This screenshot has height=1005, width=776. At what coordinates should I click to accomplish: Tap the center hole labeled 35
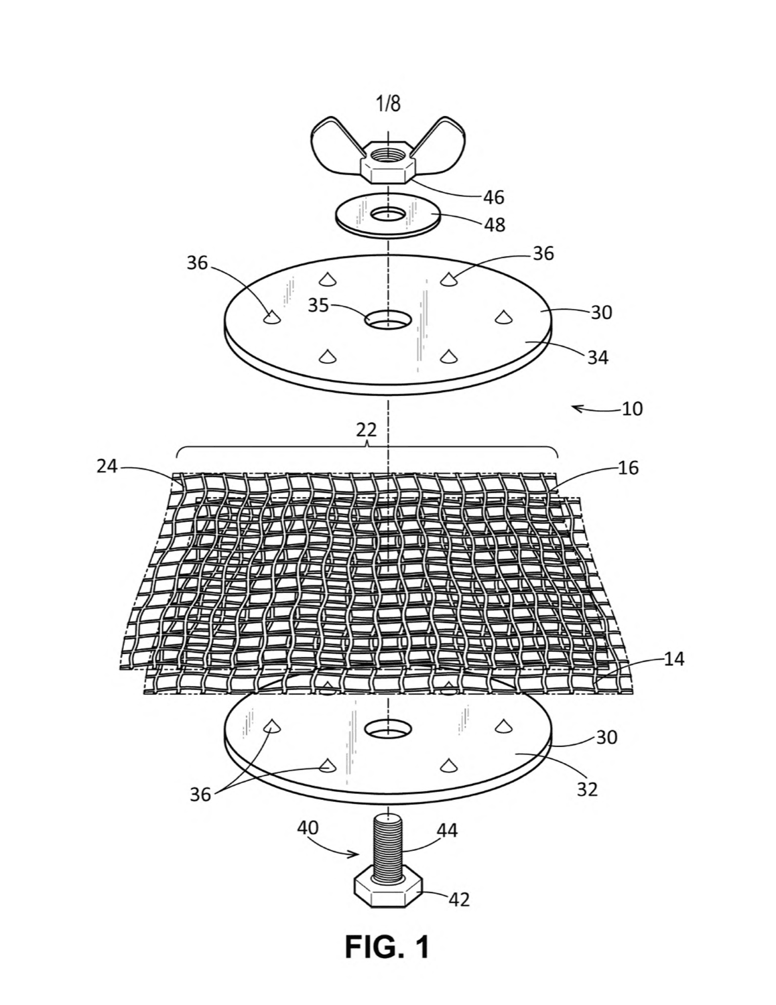[388, 319]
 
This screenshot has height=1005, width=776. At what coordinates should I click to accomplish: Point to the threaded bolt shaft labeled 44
[388, 848]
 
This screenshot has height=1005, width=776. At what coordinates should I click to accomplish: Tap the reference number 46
[493, 198]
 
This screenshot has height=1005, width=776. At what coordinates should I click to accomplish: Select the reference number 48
[495, 224]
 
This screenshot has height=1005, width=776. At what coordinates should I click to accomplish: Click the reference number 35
[318, 306]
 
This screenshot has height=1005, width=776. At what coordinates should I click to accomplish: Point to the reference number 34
[597, 357]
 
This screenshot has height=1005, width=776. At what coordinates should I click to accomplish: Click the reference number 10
[632, 409]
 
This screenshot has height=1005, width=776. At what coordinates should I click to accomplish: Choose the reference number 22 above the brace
[367, 431]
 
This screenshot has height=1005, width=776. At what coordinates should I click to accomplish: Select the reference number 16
[627, 468]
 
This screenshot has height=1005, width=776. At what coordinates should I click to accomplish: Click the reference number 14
[673, 659]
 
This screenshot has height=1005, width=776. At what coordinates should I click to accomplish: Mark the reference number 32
[587, 789]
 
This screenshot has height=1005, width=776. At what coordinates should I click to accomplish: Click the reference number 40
[308, 827]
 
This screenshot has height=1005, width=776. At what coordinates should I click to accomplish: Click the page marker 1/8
[388, 104]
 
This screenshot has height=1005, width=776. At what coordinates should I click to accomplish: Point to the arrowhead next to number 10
[576, 407]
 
